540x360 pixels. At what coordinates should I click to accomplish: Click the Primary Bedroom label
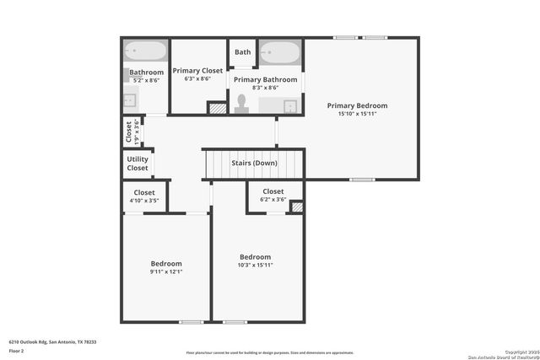(357, 105)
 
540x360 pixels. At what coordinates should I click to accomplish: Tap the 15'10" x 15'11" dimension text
(357, 113)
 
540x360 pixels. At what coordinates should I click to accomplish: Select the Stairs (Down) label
(254, 163)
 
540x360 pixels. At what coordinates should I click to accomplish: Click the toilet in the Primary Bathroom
(241, 103)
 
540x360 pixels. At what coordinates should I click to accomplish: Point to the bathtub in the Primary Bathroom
(279, 51)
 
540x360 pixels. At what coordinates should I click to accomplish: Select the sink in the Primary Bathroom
(290, 106)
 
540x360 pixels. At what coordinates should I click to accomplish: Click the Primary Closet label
(197, 71)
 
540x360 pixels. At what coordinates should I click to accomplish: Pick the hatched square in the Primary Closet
(217, 108)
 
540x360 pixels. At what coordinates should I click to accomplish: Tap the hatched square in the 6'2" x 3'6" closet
(297, 206)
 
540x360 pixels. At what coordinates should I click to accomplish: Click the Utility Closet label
(138, 164)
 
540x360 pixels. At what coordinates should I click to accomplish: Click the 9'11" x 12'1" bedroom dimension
(165, 271)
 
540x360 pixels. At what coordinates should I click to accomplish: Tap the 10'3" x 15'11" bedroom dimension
(255, 265)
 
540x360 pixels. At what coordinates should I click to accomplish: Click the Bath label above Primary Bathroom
(242, 52)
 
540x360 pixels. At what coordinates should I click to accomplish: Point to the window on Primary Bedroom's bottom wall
(362, 179)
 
